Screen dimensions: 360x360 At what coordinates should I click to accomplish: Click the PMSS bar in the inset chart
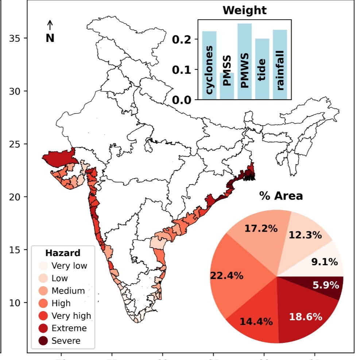(227, 85)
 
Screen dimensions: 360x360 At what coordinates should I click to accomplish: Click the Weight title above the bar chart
(244, 10)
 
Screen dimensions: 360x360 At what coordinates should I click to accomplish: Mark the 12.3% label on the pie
(305, 235)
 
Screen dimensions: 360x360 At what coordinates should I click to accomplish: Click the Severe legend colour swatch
(43, 341)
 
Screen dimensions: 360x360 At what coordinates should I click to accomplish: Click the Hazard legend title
(63, 253)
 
